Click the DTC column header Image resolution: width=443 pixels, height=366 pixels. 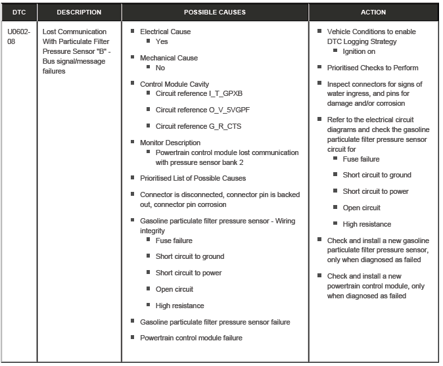click(19, 12)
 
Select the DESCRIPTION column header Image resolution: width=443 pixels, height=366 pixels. click(79, 12)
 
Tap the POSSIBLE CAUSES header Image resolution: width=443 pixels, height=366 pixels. click(215, 12)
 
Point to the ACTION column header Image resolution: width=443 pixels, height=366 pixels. click(373, 12)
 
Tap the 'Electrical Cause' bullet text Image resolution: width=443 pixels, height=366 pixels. click(165, 32)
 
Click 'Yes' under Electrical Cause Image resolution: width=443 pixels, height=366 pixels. click(162, 41)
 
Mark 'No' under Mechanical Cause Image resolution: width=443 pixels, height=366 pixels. click(160, 68)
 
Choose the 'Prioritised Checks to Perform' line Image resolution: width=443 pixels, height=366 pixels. click(373, 68)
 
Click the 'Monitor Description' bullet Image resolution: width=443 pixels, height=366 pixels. click(170, 143)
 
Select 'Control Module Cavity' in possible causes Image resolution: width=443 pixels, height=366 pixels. click(174, 84)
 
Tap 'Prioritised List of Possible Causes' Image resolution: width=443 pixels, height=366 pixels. click(193, 178)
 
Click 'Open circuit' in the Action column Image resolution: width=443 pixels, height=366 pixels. click(361, 208)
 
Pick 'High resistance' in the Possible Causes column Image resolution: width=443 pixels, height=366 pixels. click(179, 306)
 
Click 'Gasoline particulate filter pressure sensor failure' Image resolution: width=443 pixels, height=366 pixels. click(215, 322)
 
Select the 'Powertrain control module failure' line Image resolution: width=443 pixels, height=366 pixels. click(191, 338)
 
